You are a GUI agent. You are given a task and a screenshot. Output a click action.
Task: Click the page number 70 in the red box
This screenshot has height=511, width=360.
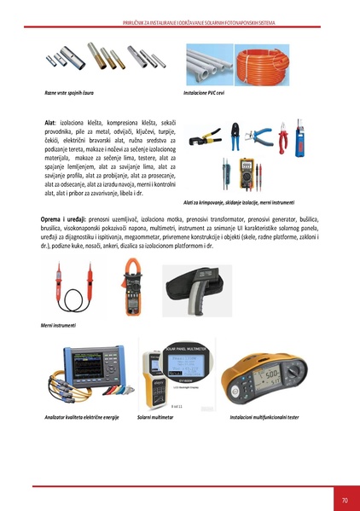pos(344,499)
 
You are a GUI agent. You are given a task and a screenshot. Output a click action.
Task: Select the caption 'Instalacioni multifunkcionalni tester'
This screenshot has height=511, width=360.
pos(264,418)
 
